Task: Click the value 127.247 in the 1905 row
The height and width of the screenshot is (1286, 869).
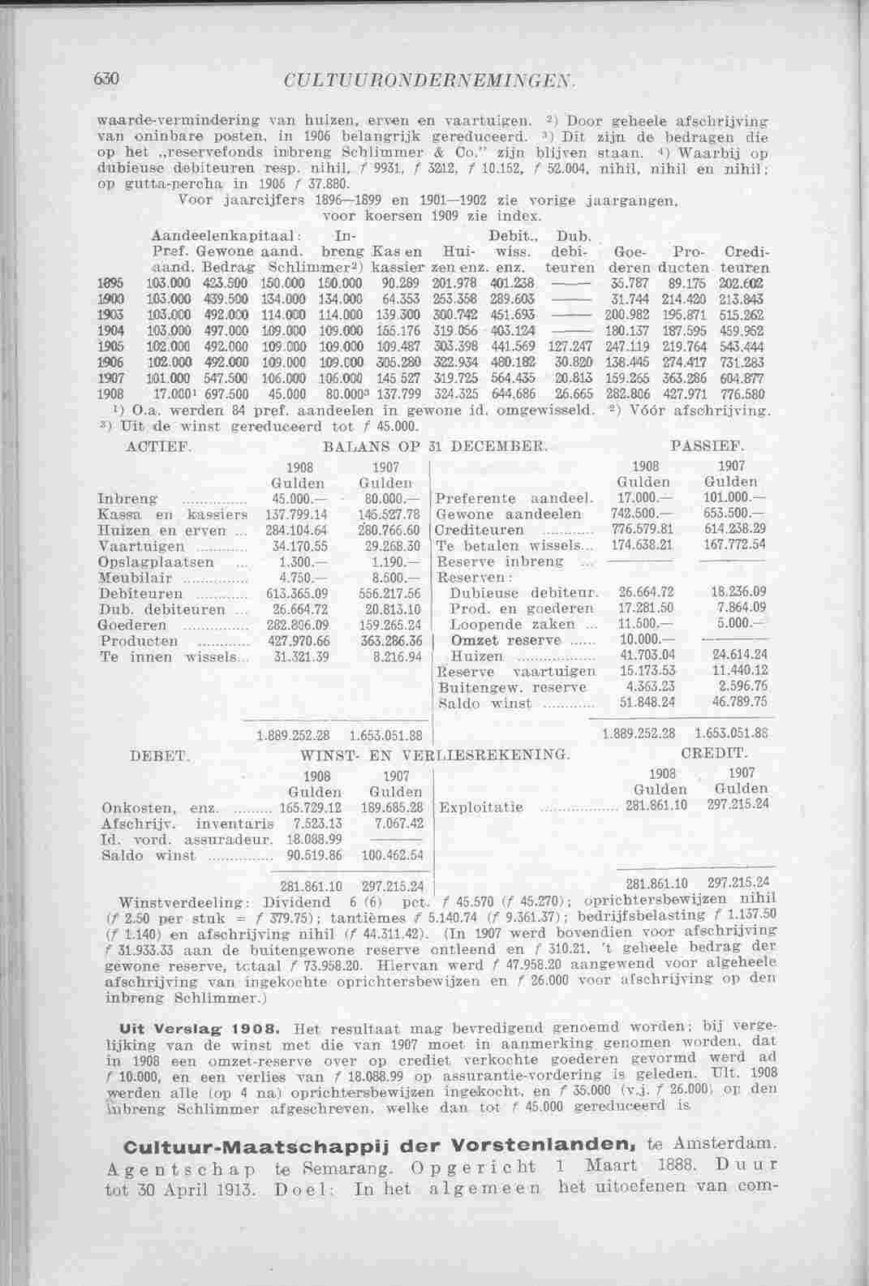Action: tap(570, 344)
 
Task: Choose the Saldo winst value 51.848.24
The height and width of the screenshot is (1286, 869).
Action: tap(647, 702)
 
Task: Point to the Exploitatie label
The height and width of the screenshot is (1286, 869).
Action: tap(480, 807)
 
